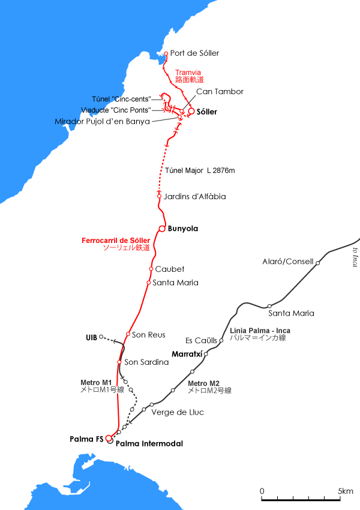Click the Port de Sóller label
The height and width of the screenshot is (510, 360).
coord(194,53)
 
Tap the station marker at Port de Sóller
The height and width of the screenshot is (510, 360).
coord(166,53)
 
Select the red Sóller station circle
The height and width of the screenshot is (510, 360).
coord(191,111)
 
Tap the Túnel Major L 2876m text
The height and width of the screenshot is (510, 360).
coord(200,171)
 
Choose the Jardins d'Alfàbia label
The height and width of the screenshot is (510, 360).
coord(195,196)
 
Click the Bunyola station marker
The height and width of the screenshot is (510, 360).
coord(162,229)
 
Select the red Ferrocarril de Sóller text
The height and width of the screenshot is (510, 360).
coord(115,241)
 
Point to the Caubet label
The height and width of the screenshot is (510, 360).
coord(170,269)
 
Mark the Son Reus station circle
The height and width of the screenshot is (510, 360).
coord(128,334)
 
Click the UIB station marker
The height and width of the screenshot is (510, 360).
coord(101,336)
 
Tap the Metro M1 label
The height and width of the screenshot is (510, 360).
coord(96,382)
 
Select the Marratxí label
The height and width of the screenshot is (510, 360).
coord(187,353)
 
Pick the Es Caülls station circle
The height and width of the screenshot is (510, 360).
coord(221,340)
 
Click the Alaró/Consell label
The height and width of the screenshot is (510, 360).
coord(288,262)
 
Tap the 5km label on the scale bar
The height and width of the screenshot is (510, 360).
coord(346,491)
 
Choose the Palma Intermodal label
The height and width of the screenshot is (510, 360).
coord(149,444)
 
